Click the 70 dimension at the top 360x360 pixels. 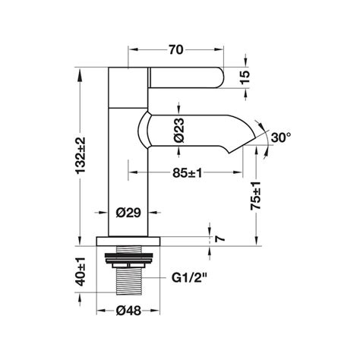pyautogui.click(x=176, y=50)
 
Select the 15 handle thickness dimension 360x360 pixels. pyautogui.click(x=245, y=77)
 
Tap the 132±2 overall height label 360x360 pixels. pyautogui.click(x=81, y=155)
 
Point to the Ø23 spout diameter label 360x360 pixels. pyautogui.click(x=179, y=130)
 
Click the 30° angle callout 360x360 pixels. pyautogui.click(x=281, y=137)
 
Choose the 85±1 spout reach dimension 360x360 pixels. pyautogui.click(x=188, y=173)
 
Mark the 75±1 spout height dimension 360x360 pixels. pyautogui.click(x=255, y=196)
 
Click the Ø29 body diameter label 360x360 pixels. pyautogui.click(x=128, y=213)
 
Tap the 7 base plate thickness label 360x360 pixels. pyautogui.click(x=219, y=238)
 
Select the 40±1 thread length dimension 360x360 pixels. pyautogui.click(x=81, y=272)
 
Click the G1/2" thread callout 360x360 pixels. pyautogui.click(x=189, y=278)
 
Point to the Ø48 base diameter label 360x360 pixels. pyautogui.click(x=128, y=311)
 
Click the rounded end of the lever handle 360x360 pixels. pyautogui.click(x=219, y=77)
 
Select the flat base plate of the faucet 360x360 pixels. pyautogui.click(x=128, y=242)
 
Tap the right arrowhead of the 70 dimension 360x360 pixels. pyautogui.click(x=219, y=49)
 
